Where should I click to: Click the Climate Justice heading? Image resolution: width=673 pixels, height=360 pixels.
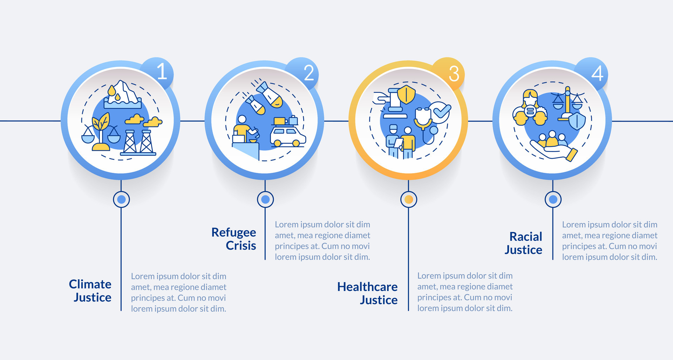90,291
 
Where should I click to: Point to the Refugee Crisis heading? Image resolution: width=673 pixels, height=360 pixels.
234,239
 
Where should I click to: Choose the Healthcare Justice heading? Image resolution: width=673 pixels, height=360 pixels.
367,293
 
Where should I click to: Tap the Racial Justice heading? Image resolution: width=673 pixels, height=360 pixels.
524,243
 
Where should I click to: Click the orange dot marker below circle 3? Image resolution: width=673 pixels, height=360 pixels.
408,199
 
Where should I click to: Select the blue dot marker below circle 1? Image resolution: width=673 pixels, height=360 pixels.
121,199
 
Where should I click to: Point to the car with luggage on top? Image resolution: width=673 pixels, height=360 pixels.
288,133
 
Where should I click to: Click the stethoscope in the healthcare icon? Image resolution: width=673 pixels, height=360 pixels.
424,123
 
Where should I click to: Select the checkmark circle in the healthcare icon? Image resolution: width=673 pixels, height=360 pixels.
441,111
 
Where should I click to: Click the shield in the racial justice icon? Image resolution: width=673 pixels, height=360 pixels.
577,121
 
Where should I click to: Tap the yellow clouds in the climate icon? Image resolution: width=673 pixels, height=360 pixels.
144,121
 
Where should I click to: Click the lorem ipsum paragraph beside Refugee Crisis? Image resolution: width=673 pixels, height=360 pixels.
322,240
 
